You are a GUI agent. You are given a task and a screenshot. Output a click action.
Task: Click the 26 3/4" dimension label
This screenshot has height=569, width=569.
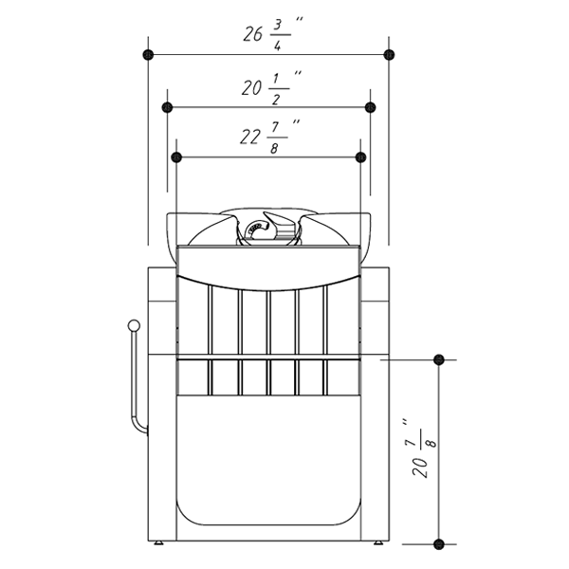[x=273, y=34]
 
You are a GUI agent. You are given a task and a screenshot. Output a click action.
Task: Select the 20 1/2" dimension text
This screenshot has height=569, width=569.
[x=272, y=88]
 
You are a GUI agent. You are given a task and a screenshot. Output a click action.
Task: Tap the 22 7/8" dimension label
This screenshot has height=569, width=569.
[x=270, y=138]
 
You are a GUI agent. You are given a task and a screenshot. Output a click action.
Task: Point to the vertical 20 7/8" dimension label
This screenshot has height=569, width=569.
[x=425, y=449]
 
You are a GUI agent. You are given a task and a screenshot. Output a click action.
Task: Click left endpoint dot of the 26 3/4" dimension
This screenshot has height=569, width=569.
[x=148, y=55]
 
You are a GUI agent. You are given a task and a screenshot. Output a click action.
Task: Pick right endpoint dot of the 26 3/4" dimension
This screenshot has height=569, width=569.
[x=389, y=55]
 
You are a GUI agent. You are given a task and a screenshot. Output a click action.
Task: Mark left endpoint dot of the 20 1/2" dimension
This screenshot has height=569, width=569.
[x=167, y=107]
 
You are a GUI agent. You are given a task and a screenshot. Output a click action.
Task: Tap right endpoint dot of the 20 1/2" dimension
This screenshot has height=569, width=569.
[x=370, y=107]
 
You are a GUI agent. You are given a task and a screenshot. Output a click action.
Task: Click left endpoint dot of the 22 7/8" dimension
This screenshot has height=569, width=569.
[x=176, y=157]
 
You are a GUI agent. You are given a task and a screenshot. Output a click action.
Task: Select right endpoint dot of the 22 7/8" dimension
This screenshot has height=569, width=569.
[x=360, y=157]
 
